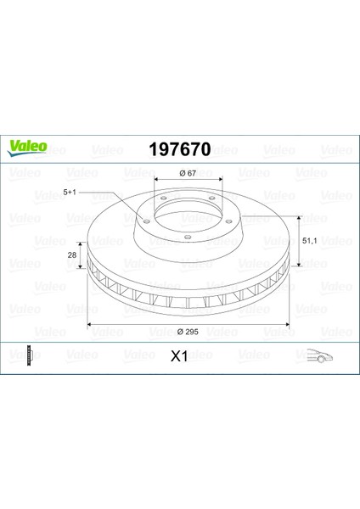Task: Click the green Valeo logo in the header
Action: coord(27,148)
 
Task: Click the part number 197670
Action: coord(180,149)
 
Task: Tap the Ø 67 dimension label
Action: coord(188,173)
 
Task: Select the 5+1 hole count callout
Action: coord(70,193)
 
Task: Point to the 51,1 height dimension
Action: coord(309,241)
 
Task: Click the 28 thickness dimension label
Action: coord(72,255)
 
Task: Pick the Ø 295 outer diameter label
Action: coord(188,332)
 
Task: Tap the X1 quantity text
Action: coord(179,356)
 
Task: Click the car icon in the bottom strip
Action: coord(320,355)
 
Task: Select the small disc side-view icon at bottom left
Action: coord(31,355)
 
